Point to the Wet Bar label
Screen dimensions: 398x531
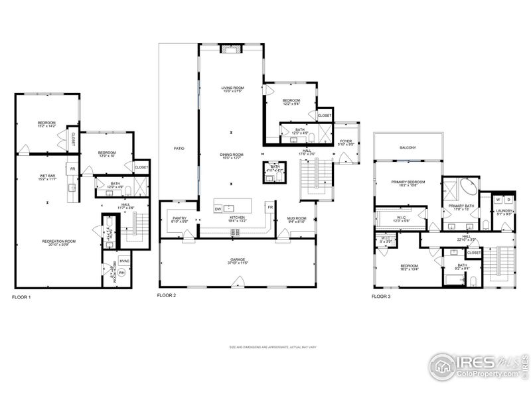(x=46, y=176)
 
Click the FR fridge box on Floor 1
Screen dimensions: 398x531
(x=72, y=168)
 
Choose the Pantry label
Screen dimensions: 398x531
(x=179, y=219)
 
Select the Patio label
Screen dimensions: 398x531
(x=179, y=149)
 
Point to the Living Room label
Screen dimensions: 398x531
(x=233, y=89)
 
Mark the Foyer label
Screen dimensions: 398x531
(x=346, y=141)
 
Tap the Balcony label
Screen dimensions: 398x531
(x=408, y=147)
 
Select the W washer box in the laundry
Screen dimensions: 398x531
(x=498, y=199)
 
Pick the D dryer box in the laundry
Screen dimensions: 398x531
(x=508, y=199)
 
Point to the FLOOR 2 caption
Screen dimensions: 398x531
(x=167, y=295)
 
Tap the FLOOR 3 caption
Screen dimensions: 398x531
(x=381, y=297)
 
